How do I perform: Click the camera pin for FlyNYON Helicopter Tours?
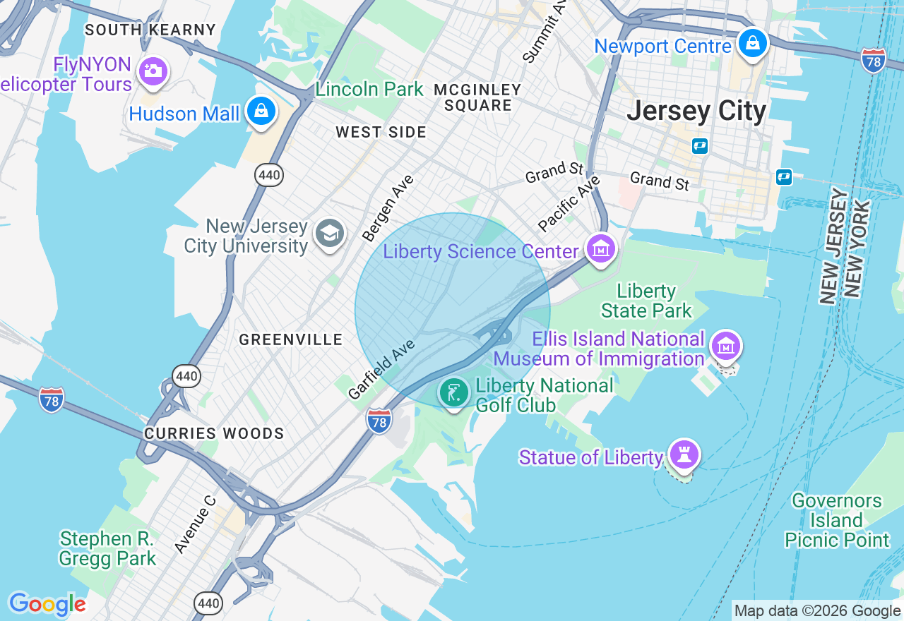tap(153, 71)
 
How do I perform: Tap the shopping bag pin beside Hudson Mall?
tap(261, 111)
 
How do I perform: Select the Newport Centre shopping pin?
tap(753, 44)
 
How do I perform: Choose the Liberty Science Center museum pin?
tap(600, 249)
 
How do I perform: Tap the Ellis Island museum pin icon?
tap(726, 346)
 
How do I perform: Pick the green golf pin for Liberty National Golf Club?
tap(453, 392)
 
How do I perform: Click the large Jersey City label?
tap(696, 111)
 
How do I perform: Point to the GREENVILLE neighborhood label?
tap(291, 339)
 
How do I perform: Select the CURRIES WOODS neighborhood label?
tap(214, 433)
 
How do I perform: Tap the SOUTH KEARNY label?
tap(150, 30)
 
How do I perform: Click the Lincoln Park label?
tap(369, 90)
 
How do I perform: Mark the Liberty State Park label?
tap(646, 301)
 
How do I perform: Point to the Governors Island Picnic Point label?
tap(837, 521)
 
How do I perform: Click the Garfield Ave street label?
tap(381, 369)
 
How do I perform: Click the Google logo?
tap(47, 604)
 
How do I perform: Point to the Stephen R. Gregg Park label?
tap(107, 548)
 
